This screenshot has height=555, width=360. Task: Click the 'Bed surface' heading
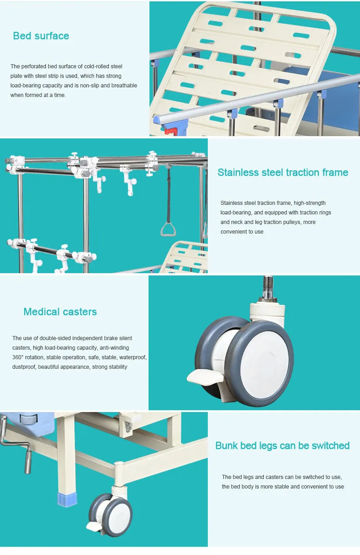[41, 36]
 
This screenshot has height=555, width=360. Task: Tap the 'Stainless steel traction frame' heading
[283, 173]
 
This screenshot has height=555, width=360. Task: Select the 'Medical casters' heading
[60, 312]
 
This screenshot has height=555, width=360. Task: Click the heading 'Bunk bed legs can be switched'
[283, 446]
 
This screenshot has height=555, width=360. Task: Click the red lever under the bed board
[170, 131]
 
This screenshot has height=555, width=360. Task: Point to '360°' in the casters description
[19, 357]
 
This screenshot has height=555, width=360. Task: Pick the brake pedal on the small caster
[94, 527]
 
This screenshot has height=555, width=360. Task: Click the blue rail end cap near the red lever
[157, 120]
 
